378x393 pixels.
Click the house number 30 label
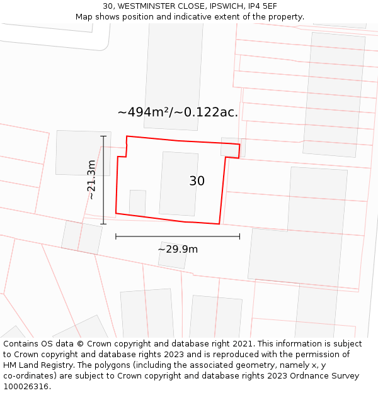197,181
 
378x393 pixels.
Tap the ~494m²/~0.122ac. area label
178,113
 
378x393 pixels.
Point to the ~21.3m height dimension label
92,180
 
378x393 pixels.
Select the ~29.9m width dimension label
178,249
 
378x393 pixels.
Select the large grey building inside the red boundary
179,184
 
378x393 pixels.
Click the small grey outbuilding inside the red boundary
137,202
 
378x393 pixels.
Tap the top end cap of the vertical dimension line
103,136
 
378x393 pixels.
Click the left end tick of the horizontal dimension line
116,236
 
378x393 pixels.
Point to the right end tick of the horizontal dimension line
239,236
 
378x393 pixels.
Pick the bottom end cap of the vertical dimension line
103,224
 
